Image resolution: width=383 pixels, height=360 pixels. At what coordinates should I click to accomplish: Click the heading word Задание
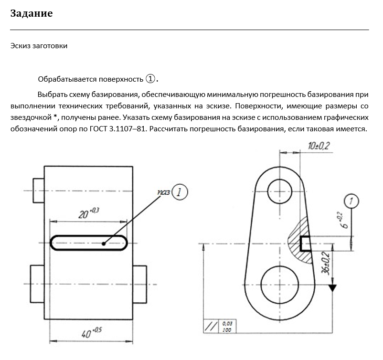(31, 13)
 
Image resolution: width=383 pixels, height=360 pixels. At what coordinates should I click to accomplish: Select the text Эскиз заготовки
(39, 46)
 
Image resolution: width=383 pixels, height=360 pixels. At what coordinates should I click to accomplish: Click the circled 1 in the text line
(150, 78)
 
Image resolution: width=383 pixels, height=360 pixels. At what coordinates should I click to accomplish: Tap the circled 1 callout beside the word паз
(179, 192)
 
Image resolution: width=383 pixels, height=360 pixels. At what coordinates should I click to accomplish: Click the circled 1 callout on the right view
(351, 202)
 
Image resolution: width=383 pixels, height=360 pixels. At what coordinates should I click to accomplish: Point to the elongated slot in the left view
(89, 242)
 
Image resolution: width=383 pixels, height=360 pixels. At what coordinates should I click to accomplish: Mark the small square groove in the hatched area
(306, 244)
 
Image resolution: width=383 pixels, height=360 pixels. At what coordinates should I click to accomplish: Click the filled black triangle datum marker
(332, 288)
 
